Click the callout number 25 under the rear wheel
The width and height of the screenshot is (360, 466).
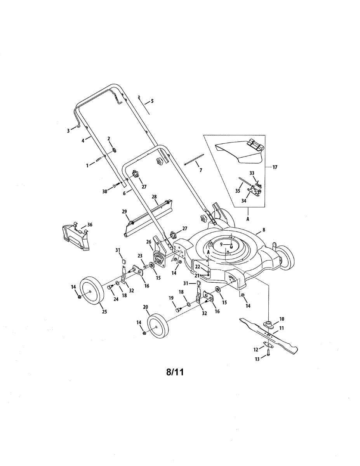click(x=104, y=311)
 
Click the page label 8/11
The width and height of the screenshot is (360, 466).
click(x=174, y=372)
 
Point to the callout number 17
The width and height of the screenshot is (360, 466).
click(x=275, y=167)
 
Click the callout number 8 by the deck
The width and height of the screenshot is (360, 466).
click(x=264, y=230)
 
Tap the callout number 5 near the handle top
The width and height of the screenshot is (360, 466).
click(x=152, y=101)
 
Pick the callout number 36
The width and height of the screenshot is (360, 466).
click(x=90, y=225)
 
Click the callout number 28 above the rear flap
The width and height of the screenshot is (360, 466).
click(x=155, y=197)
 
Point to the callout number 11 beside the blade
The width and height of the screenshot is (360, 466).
click(x=282, y=328)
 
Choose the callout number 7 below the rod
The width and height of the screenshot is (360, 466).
click(x=200, y=170)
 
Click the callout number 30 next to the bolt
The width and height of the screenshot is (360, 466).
click(x=104, y=191)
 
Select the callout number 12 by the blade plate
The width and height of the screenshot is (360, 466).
click(x=256, y=349)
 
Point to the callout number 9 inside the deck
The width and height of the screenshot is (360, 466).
click(x=221, y=245)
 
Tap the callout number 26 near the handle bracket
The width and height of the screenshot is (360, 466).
click(x=149, y=242)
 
